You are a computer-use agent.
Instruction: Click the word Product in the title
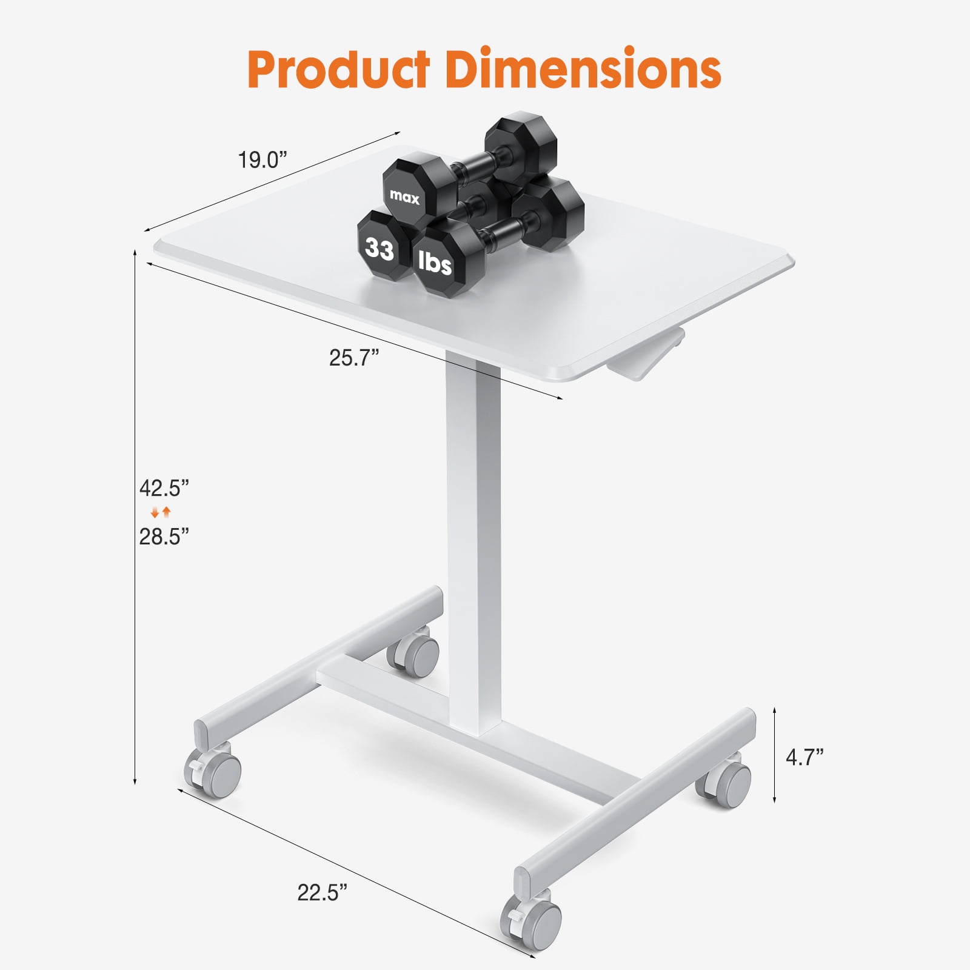pos(339,70)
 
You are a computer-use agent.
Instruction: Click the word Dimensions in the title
pos(583,70)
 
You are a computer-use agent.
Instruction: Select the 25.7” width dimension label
pos(354,358)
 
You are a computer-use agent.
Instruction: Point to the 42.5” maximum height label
pos(164,488)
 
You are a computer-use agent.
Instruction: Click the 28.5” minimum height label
pos(164,537)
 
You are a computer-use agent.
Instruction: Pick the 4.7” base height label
pos(804,757)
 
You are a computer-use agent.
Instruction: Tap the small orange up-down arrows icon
pos(161,512)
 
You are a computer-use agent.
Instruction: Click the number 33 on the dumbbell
pos(380,249)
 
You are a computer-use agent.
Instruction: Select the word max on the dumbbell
pos(404,196)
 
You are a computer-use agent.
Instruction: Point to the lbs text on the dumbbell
pos(435,263)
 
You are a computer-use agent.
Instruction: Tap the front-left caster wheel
pos(216,770)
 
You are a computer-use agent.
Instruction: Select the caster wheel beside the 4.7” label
pos(728,783)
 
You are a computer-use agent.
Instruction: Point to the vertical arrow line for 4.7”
pos(775,755)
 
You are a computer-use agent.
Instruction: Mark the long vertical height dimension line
pos(135,515)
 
